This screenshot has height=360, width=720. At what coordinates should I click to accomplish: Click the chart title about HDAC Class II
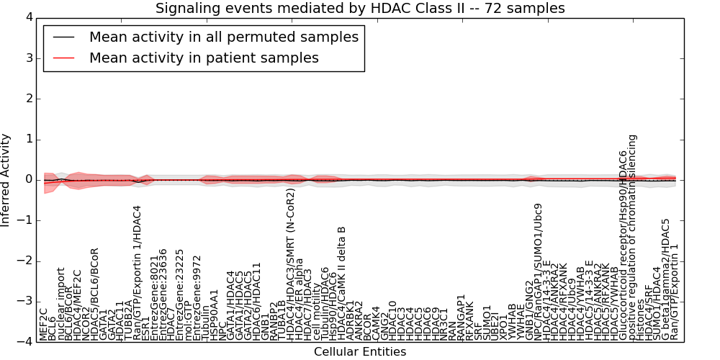(x=360, y=9)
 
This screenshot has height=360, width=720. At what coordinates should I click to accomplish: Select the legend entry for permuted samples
(x=223, y=37)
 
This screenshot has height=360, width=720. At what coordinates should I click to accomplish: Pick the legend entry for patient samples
(x=204, y=58)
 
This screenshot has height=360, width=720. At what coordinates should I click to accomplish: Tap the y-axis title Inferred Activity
(x=6, y=179)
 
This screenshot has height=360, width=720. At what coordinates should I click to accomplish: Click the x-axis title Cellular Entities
(x=360, y=352)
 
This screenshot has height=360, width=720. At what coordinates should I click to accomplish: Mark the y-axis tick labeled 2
(x=27, y=98)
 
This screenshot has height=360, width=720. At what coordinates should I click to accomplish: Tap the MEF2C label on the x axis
(x=44, y=324)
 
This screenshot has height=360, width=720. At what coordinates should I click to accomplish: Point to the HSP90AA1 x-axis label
(x=214, y=314)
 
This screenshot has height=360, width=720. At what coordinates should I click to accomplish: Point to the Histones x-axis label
(x=641, y=320)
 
